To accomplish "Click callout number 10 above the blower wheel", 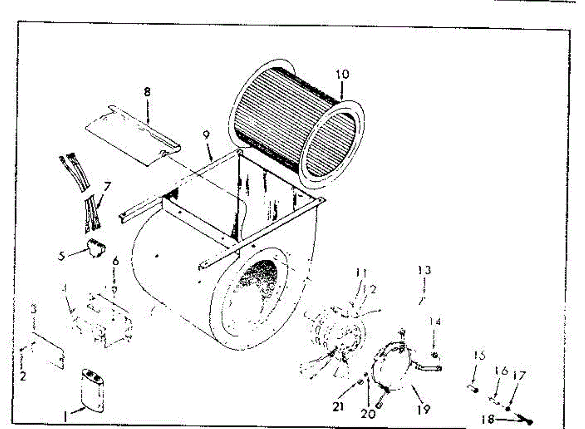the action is (342, 75).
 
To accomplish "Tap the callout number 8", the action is (147, 92).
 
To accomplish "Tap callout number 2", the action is (23, 376).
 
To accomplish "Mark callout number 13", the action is (425, 270).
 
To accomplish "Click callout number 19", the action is (424, 409).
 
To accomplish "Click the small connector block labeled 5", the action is (96, 247).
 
